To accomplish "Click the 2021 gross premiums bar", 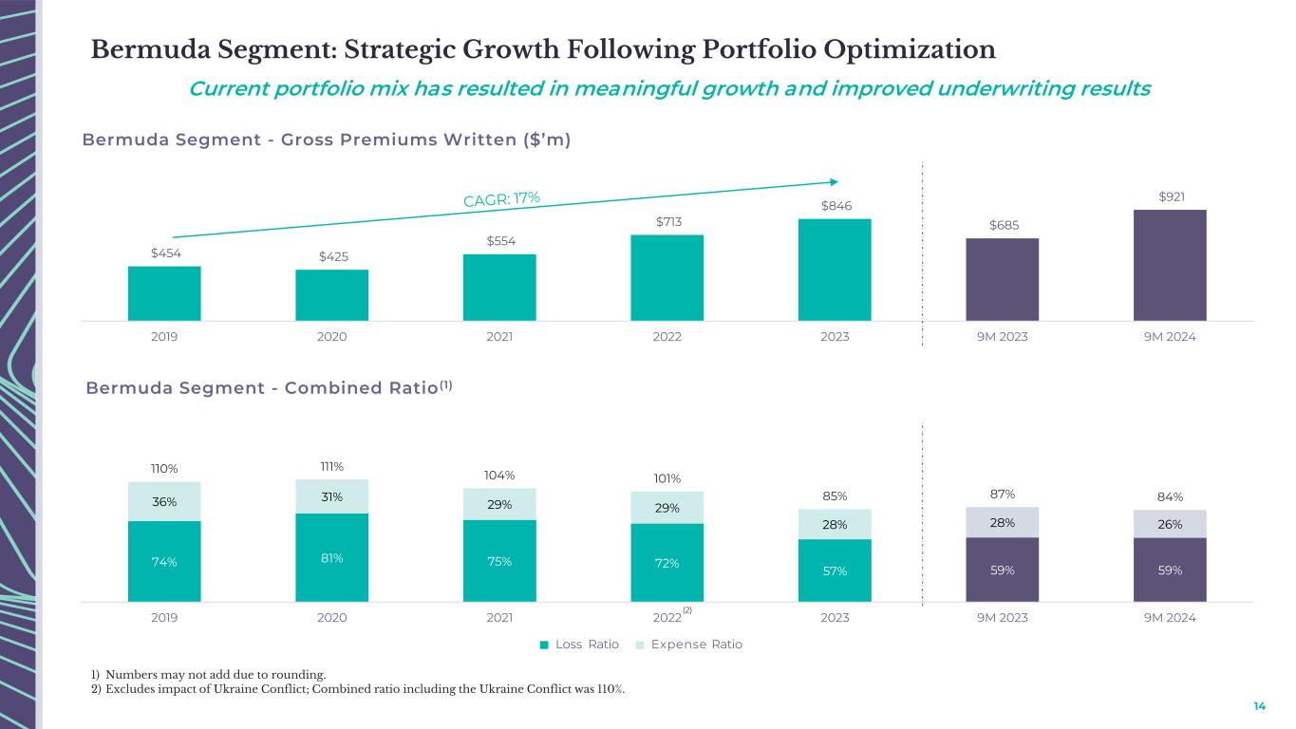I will [x=499, y=287].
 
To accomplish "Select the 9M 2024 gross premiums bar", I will [x=1170, y=265].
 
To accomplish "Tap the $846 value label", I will [x=835, y=204].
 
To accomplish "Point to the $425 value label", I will [x=332, y=256].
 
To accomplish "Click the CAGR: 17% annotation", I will [x=501, y=198].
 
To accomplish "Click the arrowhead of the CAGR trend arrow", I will [x=834, y=181].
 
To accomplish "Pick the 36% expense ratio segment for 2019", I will [x=164, y=502].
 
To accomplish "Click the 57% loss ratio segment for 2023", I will [x=835, y=570].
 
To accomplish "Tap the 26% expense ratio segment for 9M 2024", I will [x=1170, y=524].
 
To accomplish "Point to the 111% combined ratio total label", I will [x=332, y=466].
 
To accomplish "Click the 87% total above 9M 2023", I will [x=1003, y=494].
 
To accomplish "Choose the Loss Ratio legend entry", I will [x=580, y=645].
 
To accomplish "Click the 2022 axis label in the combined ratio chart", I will [x=667, y=618].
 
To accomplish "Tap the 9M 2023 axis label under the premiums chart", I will [x=1003, y=336].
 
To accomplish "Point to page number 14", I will [x=1259, y=706].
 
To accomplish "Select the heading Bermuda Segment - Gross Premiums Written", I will [x=326, y=140].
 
